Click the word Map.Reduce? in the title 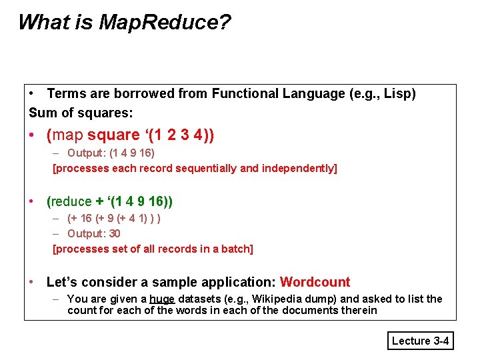pos(165,22)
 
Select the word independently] pos(298,168)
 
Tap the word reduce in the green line pos(71,201)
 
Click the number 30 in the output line pos(114,233)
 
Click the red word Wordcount pos(315,282)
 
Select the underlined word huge pos(161,299)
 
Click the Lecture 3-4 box pos(421,341)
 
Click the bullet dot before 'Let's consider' pos(32,282)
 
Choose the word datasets pos(199,299)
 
